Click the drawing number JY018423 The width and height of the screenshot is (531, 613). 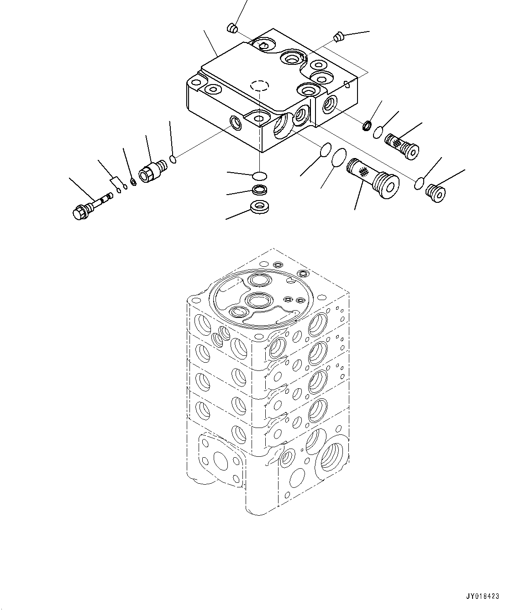tap(483, 596)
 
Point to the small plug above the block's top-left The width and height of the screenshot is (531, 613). tap(232, 29)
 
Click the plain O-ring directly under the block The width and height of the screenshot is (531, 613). tap(259, 175)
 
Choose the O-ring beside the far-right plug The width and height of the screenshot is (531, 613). tap(419, 184)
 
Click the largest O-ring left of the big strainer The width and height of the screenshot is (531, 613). tap(339, 159)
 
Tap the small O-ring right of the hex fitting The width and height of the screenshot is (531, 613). tap(173, 159)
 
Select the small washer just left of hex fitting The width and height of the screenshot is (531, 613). tap(133, 183)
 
